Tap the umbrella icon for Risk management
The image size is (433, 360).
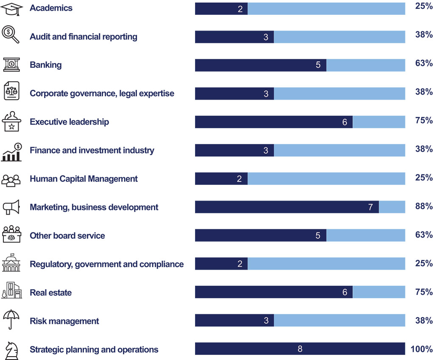[11, 320]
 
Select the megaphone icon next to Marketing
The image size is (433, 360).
[11, 207]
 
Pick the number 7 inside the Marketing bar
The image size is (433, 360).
[370, 207]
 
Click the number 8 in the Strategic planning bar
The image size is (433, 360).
[300, 349]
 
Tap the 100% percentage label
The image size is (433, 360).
[422, 349]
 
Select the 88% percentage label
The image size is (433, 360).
[424, 207]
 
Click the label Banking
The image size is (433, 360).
[45, 65]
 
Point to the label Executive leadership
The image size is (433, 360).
[69, 122]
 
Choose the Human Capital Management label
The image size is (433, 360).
[84, 179]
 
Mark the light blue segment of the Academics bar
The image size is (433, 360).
[326, 8]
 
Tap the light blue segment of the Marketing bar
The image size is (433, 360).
[392, 207]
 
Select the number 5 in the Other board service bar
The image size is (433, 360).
[318, 236]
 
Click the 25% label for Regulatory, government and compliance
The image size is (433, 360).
[424, 263]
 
